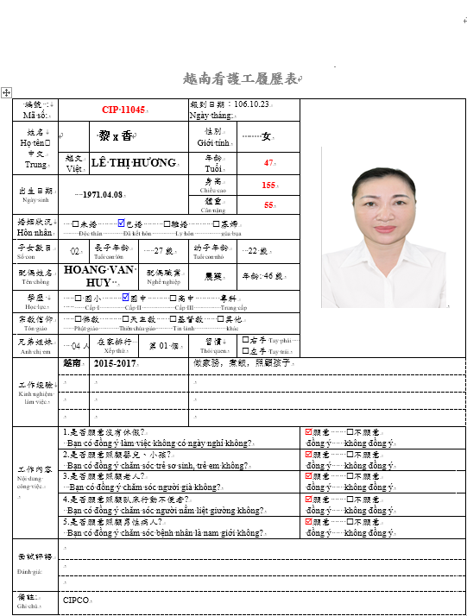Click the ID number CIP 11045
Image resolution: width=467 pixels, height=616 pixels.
tap(124, 110)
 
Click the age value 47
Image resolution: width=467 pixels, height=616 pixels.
tap(269, 162)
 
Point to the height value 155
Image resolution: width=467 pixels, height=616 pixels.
tap(269, 185)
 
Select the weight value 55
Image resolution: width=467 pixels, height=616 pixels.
tap(269, 205)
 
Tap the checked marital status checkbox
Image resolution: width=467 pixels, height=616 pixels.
tap(121, 223)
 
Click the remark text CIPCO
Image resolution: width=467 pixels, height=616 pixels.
tap(76, 600)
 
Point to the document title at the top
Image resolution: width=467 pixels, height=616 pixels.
tap(241, 79)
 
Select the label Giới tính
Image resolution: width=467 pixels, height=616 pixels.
tap(212, 142)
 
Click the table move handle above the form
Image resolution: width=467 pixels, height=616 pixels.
tap(6, 91)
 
